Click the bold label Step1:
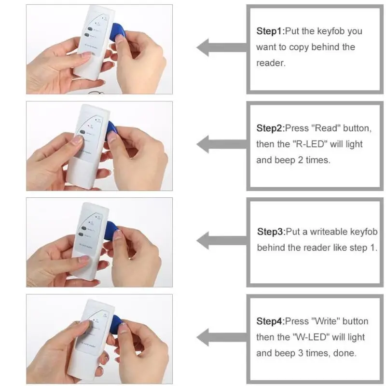pos(270,31)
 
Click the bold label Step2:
pos(270,128)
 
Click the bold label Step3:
pos(271,232)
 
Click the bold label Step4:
pos(270,321)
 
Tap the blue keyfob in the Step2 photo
pos(112,129)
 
